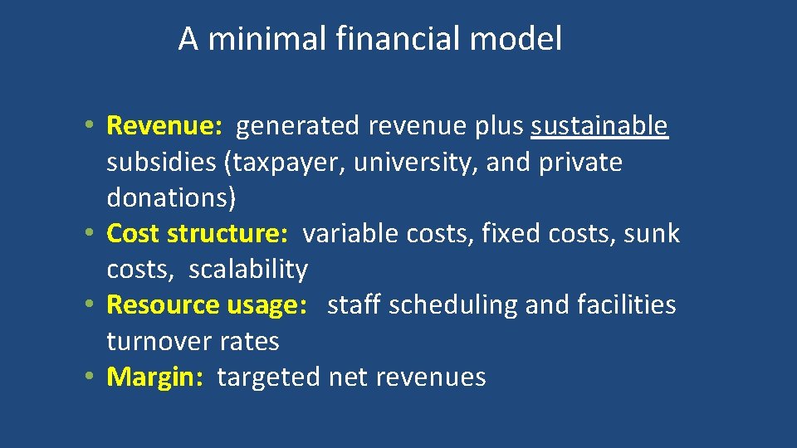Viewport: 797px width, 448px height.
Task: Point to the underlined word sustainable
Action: pos(599,126)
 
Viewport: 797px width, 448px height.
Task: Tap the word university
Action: pos(415,163)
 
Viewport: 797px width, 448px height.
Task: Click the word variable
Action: pos(351,234)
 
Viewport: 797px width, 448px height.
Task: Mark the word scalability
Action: pos(248,270)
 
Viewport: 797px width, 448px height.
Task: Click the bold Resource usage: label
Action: pos(202,305)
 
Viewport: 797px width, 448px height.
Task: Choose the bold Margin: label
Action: pos(155,377)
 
